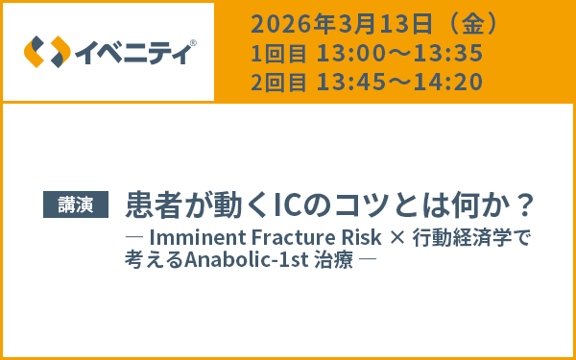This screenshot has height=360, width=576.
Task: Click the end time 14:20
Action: [446, 83]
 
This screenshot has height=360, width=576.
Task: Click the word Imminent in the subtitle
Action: [193, 237]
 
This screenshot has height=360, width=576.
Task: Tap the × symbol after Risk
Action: [390, 237]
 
